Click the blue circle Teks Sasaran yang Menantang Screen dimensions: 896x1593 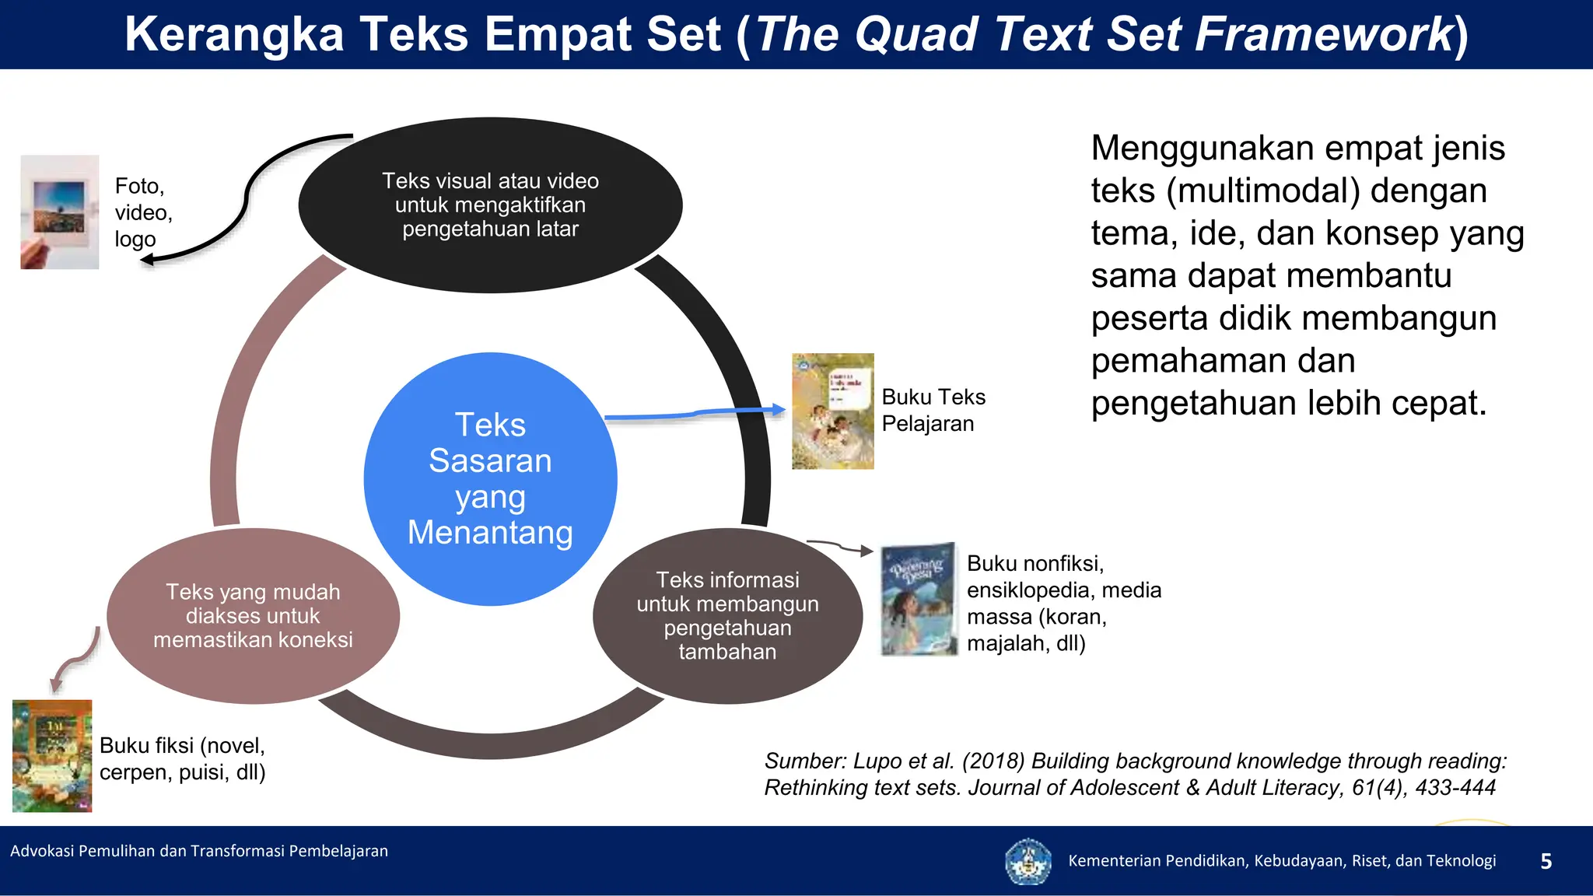click(x=490, y=478)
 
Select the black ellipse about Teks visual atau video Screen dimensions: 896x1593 click(x=490, y=205)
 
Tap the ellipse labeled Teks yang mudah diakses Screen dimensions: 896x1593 click(x=253, y=615)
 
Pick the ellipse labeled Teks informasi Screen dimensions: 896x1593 click(x=727, y=615)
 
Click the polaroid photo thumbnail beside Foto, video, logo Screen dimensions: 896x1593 click(x=60, y=212)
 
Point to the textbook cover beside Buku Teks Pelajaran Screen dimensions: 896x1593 click(x=832, y=411)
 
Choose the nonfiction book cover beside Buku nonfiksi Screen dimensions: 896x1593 click(x=918, y=599)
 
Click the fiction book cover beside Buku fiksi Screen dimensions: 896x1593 click(x=52, y=755)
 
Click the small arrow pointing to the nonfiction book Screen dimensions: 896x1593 click(x=840, y=547)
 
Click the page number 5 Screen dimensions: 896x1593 click(x=1546, y=861)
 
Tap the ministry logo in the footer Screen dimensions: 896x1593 click(x=1028, y=861)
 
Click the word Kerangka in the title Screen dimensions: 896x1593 click(x=234, y=34)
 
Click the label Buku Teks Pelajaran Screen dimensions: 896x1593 click(x=933, y=410)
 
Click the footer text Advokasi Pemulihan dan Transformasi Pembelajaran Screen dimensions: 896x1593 click(x=199, y=851)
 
